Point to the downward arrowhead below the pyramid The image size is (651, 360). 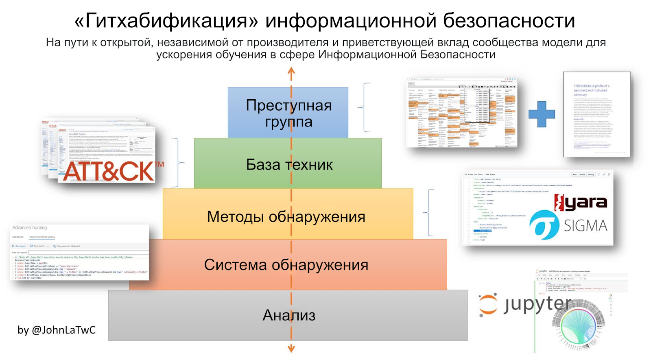click(291, 348)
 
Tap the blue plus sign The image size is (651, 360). click(542, 114)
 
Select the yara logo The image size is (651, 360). click(581, 202)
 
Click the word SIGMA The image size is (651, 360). click(585, 225)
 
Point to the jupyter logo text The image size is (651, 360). click(537, 304)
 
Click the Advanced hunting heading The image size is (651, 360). click(29, 228)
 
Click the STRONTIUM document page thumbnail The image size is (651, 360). click(596, 114)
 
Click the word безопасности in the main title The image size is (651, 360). click(509, 21)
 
